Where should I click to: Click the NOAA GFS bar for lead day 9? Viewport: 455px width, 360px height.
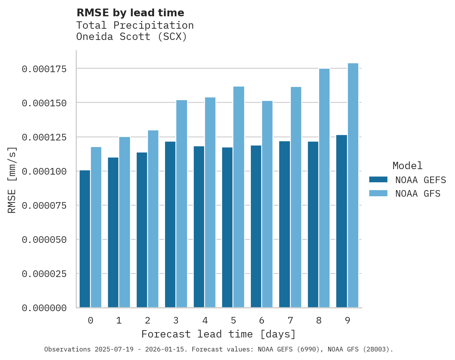353,185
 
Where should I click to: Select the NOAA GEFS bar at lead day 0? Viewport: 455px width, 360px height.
85,239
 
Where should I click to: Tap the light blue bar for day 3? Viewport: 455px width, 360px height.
182,204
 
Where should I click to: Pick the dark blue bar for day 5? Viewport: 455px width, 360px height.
227,227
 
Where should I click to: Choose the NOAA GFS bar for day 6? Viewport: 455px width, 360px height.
267,204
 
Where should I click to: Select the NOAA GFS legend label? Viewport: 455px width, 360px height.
418,194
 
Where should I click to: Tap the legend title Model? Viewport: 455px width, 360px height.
407,166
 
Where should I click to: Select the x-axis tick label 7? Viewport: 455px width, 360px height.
290,320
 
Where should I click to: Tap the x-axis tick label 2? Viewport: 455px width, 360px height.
148,320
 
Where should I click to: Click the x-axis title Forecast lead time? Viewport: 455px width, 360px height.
219,334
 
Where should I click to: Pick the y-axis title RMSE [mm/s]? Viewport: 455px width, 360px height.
12,180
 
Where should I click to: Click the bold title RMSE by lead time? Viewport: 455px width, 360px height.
130,13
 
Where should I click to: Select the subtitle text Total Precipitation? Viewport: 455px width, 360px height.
135,25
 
